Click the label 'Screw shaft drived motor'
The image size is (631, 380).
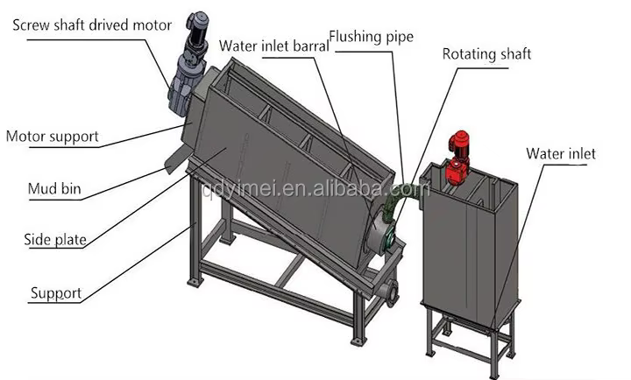pyautogui.click(x=92, y=25)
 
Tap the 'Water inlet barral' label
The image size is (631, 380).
pyautogui.click(x=274, y=46)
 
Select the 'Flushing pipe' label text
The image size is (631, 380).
pyautogui.click(x=371, y=37)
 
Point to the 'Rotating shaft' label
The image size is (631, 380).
pyautogui.click(x=486, y=54)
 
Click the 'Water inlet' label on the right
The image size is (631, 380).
pyautogui.click(x=561, y=153)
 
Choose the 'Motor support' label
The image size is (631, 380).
pyautogui.click(x=53, y=137)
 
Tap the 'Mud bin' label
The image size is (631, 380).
pyautogui.click(x=54, y=188)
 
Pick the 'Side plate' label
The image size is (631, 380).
pyautogui.click(x=55, y=240)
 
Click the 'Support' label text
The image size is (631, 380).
pyautogui.click(x=56, y=293)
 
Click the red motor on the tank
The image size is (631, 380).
pyautogui.click(x=458, y=158)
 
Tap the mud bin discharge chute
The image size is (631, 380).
pyautogui.click(x=178, y=159)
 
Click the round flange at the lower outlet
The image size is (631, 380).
pyautogui.click(x=391, y=293)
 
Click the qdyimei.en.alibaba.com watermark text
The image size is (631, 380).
pyautogui.click(x=316, y=189)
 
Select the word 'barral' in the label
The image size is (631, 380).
pyautogui.click(x=310, y=46)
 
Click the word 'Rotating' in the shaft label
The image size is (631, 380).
pyautogui.click(x=468, y=54)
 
